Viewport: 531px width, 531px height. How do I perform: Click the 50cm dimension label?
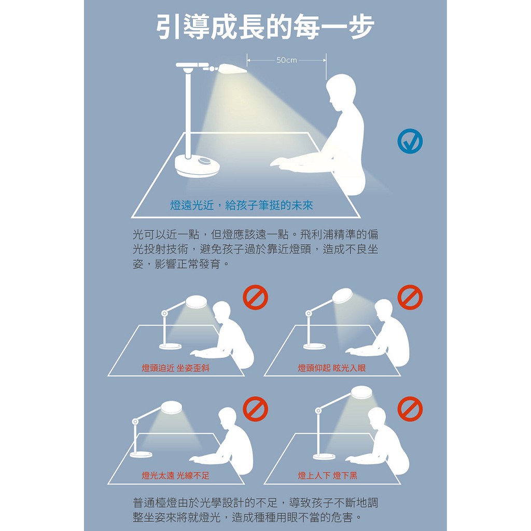pyautogui.click(x=286, y=60)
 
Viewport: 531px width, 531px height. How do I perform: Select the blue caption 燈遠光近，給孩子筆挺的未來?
pyautogui.click(x=242, y=205)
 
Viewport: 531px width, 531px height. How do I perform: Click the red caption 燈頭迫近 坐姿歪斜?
pyautogui.click(x=175, y=368)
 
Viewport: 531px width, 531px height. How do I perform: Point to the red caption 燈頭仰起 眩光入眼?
pyautogui.click(x=331, y=368)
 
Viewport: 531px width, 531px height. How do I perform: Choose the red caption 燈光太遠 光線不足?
pyautogui.click(x=175, y=476)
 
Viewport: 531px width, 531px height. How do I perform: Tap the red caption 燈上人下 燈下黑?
pyautogui.click(x=328, y=476)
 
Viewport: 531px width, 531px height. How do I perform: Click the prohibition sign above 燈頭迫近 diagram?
pyautogui.click(x=255, y=297)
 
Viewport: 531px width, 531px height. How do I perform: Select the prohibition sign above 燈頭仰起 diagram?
pyautogui.click(x=410, y=297)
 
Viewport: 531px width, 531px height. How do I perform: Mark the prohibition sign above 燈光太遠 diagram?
pyautogui.click(x=255, y=409)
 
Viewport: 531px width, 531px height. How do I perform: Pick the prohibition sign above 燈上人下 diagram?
pyautogui.click(x=410, y=409)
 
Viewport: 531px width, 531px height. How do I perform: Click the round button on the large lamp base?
pyautogui.click(x=205, y=162)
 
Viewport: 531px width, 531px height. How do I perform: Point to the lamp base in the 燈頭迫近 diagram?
pyautogui.click(x=171, y=346)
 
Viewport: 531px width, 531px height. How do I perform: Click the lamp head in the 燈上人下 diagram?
pyautogui.click(x=363, y=393)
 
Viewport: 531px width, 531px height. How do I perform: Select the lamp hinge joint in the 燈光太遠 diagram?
pyautogui.click(x=135, y=422)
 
